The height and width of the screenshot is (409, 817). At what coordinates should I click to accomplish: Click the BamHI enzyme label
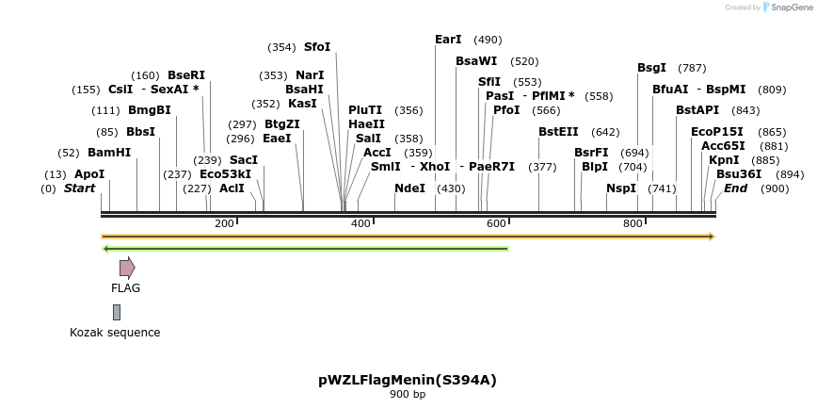click(109, 153)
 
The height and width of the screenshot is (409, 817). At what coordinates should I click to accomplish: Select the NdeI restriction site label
click(409, 188)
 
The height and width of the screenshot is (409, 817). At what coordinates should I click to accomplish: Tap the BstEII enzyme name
click(558, 132)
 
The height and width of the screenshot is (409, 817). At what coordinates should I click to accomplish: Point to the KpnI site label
click(724, 160)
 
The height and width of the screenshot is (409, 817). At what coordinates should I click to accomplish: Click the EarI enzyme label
click(448, 40)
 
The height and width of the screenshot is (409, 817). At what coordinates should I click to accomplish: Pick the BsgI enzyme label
click(651, 68)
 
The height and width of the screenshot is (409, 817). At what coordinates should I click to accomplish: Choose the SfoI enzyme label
click(317, 47)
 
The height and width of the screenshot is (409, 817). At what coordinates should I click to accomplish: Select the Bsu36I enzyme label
click(739, 174)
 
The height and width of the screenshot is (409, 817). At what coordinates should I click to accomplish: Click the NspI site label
click(621, 188)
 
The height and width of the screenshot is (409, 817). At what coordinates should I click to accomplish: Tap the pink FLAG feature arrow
click(127, 268)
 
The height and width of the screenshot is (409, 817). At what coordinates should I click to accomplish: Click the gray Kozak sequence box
click(117, 312)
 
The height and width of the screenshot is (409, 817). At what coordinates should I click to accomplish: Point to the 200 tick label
click(224, 223)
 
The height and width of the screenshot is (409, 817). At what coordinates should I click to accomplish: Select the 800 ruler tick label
click(633, 223)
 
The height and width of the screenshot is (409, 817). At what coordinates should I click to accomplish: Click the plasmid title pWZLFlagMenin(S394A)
click(408, 380)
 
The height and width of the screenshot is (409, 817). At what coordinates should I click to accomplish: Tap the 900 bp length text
click(408, 394)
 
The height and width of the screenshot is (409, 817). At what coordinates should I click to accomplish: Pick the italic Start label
click(80, 188)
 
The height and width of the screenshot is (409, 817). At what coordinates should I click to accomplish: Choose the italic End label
click(735, 188)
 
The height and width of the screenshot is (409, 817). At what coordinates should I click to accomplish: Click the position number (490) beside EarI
click(488, 40)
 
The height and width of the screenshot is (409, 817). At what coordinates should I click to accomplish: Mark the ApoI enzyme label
click(89, 174)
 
